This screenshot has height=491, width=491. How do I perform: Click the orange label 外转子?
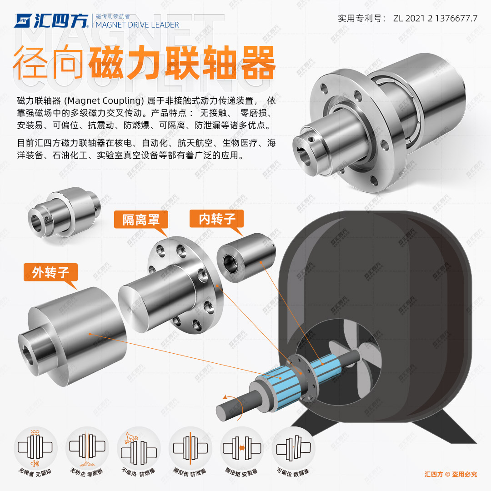(x=50, y=272)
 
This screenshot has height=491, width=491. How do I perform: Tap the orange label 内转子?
(x=216, y=219)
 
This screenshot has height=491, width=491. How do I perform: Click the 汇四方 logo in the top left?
(x=52, y=21)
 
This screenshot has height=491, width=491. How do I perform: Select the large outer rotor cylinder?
(x=77, y=334)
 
